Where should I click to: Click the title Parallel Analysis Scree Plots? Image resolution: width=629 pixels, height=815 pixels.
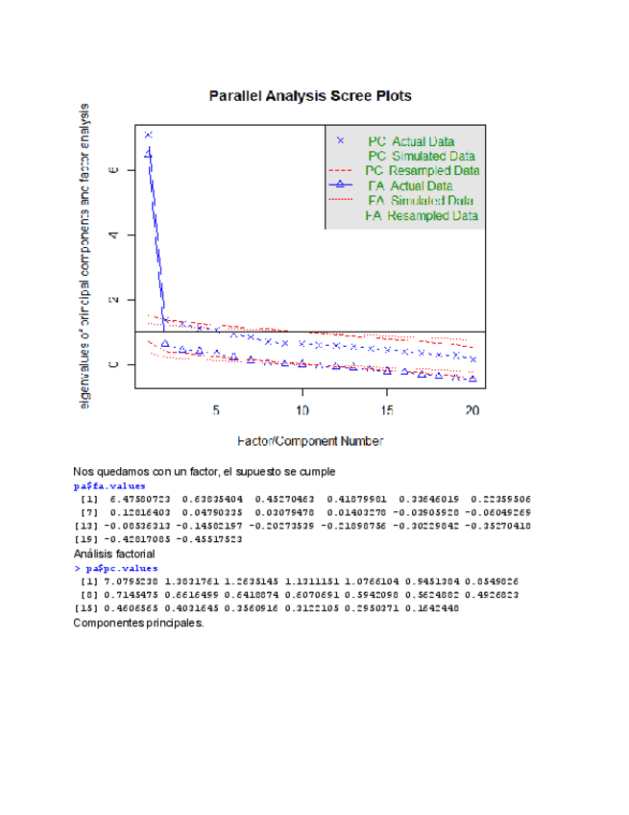(310, 96)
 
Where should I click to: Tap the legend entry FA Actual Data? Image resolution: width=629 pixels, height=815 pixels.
(410, 185)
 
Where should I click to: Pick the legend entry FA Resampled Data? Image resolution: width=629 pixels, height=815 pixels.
(422, 216)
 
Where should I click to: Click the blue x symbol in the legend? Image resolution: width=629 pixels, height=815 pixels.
(341, 141)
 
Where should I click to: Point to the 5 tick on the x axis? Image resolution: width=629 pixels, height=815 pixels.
(217, 409)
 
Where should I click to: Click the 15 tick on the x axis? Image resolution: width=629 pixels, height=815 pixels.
(387, 409)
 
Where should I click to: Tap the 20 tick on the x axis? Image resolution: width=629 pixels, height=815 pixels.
(472, 409)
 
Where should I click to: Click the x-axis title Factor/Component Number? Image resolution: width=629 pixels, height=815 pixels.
(310, 441)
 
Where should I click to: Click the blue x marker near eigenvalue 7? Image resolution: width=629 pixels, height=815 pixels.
(149, 135)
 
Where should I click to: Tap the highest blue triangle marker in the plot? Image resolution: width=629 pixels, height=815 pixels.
(149, 152)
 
